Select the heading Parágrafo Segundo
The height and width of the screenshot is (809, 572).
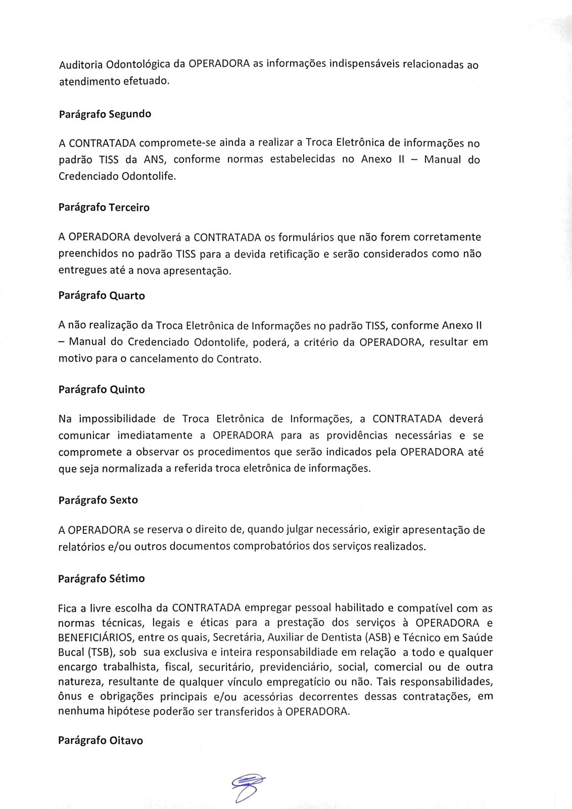(x=105, y=114)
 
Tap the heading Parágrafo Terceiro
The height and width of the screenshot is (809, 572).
(x=104, y=207)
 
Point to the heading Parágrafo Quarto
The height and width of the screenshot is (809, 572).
(x=102, y=296)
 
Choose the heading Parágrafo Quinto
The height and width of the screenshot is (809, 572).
(x=102, y=389)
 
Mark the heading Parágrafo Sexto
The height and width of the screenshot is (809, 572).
(x=98, y=500)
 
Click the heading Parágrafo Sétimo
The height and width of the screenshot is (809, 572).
(x=102, y=578)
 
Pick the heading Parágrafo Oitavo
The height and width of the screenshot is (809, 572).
(x=101, y=740)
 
